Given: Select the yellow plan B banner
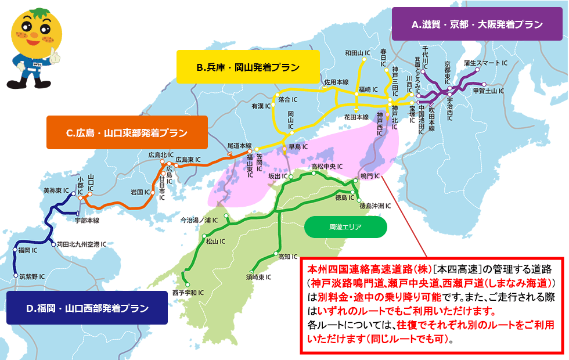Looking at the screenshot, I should click(x=248, y=68).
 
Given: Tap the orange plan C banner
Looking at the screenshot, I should click(x=127, y=133).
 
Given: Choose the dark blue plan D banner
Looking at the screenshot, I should click(x=87, y=307).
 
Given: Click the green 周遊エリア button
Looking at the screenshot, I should click(x=345, y=228).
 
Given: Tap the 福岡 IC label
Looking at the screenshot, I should click(x=27, y=250).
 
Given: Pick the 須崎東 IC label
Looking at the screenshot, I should click(x=258, y=277).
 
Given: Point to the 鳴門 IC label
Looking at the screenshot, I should click(x=369, y=175).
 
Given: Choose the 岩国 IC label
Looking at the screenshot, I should click(x=141, y=191).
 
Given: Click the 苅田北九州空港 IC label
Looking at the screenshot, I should click(x=81, y=244).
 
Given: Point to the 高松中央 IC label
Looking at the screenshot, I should click(x=329, y=166).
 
